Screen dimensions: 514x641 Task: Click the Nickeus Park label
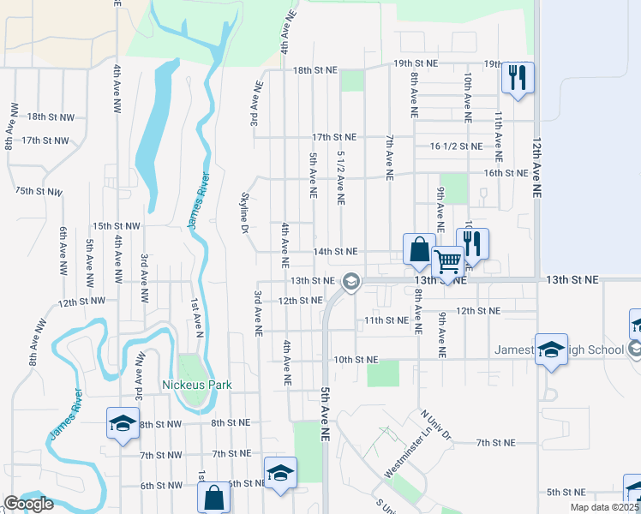click(x=197, y=385)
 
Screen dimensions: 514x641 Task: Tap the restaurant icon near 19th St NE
click(x=518, y=78)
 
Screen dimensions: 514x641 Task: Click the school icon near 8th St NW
click(x=123, y=422)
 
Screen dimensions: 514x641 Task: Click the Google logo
click(x=28, y=504)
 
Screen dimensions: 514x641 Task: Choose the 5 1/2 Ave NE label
click(x=341, y=178)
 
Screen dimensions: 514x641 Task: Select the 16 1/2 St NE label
click(x=456, y=146)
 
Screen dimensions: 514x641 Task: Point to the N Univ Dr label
click(x=435, y=425)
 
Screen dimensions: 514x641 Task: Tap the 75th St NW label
click(x=39, y=192)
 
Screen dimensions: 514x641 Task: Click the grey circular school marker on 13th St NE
click(x=350, y=280)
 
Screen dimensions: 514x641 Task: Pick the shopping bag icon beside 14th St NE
click(x=419, y=249)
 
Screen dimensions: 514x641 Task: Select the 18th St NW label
click(x=51, y=117)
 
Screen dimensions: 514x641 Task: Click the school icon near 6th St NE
click(x=280, y=473)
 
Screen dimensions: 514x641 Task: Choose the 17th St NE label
click(x=333, y=137)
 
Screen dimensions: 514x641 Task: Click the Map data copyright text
click(x=605, y=507)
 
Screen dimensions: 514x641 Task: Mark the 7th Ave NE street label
click(x=389, y=157)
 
